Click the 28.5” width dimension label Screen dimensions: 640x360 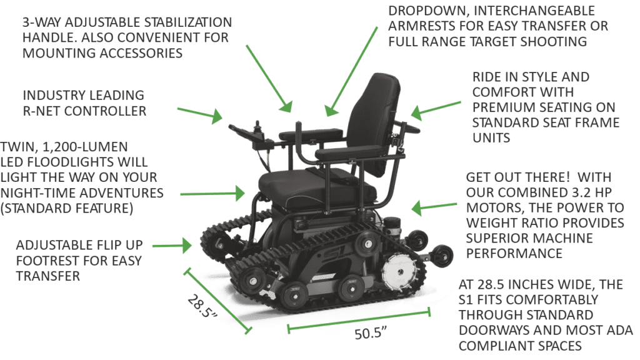[202, 306]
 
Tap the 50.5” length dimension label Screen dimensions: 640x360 [370, 333]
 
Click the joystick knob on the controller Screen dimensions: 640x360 [257, 124]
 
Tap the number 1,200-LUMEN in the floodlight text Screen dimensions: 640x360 [85, 147]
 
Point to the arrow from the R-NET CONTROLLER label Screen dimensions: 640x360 [199, 116]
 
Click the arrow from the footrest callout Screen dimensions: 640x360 [172, 246]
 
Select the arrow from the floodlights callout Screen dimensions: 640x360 [212, 193]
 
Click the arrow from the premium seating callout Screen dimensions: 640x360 [436, 110]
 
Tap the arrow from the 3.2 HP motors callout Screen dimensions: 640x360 [434, 207]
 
